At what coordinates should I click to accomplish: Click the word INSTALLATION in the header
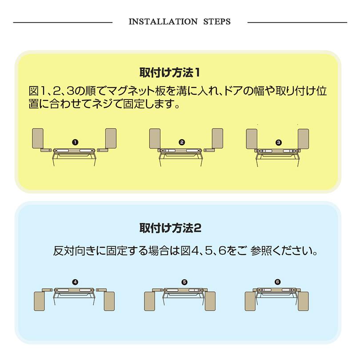(163, 22)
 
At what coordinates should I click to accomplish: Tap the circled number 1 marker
(75, 142)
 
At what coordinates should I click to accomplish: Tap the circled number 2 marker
(181, 142)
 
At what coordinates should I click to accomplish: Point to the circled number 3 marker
(279, 142)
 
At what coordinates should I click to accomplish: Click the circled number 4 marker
(75, 282)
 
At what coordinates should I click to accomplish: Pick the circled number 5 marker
(184, 282)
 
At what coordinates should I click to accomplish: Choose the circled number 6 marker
(278, 282)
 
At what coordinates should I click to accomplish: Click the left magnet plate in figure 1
(38, 138)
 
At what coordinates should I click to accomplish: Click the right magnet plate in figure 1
(111, 138)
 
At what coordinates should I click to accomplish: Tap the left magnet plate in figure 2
(154, 138)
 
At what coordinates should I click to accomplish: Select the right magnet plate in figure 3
(303, 139)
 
